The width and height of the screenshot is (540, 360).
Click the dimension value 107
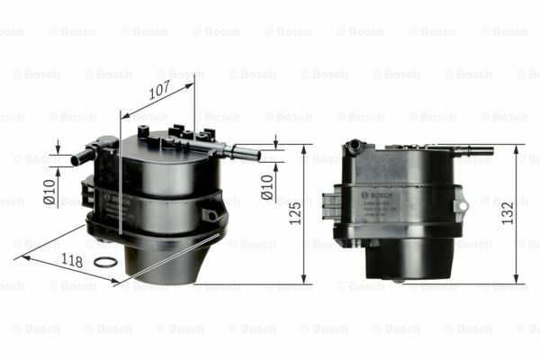(159, 91)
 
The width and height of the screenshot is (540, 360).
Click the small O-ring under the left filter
(104, 263)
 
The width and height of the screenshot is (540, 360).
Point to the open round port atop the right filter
(355, 143)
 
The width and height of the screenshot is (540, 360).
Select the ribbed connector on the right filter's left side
(330, 202)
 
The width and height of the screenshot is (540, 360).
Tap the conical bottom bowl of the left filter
(162, 256)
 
